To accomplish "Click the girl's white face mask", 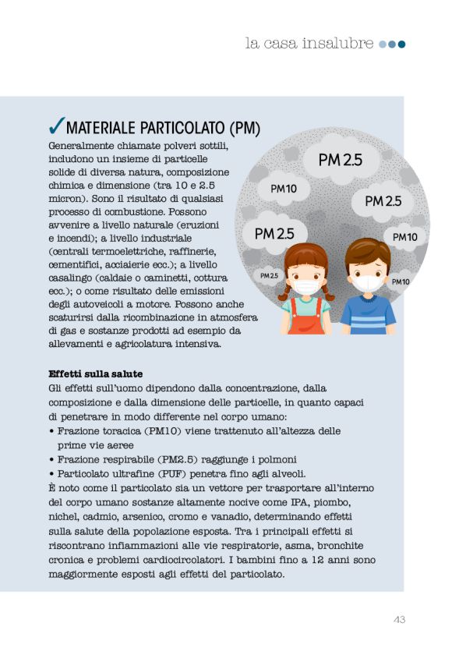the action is [x=306, y=287].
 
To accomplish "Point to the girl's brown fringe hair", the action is [x=305, y=257].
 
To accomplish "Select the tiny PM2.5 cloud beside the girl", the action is [x=269, y=275].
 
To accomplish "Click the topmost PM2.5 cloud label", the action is [x=341, y=160].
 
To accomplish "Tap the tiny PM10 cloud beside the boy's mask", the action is [x=401, y=281].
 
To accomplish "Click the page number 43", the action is [x=398, y=620].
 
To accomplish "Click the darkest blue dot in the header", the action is [x=402, y=44].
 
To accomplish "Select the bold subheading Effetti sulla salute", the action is [x=95, y=374].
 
